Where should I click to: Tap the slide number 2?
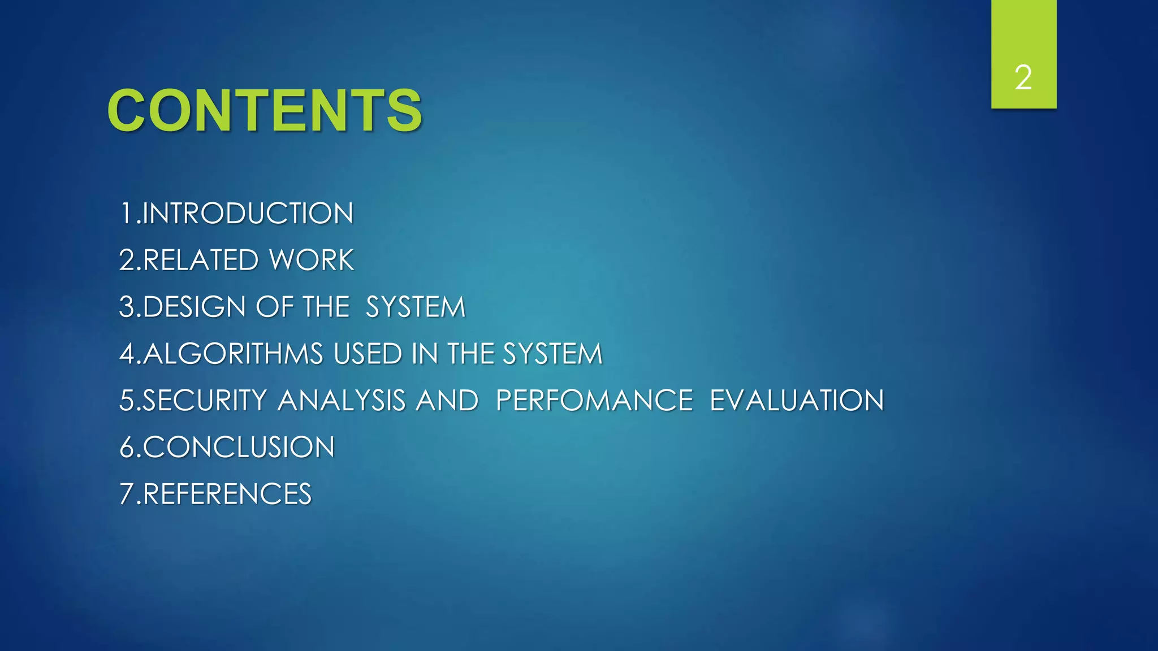[1023, 77]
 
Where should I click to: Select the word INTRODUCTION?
[248, 214]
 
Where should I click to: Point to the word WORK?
[312, 261]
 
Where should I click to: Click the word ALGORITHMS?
[233, 354]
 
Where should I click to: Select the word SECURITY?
[204, 401]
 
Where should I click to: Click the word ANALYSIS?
[342, 401]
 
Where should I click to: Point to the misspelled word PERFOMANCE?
[594, 401]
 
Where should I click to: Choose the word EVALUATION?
[796, 401]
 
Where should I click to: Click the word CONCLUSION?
[239, 448]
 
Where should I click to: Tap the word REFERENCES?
[227, 494]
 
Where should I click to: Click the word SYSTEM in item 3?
[415, 307]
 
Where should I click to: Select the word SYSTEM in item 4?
[552, 354]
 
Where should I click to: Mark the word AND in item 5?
[447, 401]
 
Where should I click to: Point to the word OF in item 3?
[274, 307]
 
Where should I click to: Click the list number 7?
[126, 494]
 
